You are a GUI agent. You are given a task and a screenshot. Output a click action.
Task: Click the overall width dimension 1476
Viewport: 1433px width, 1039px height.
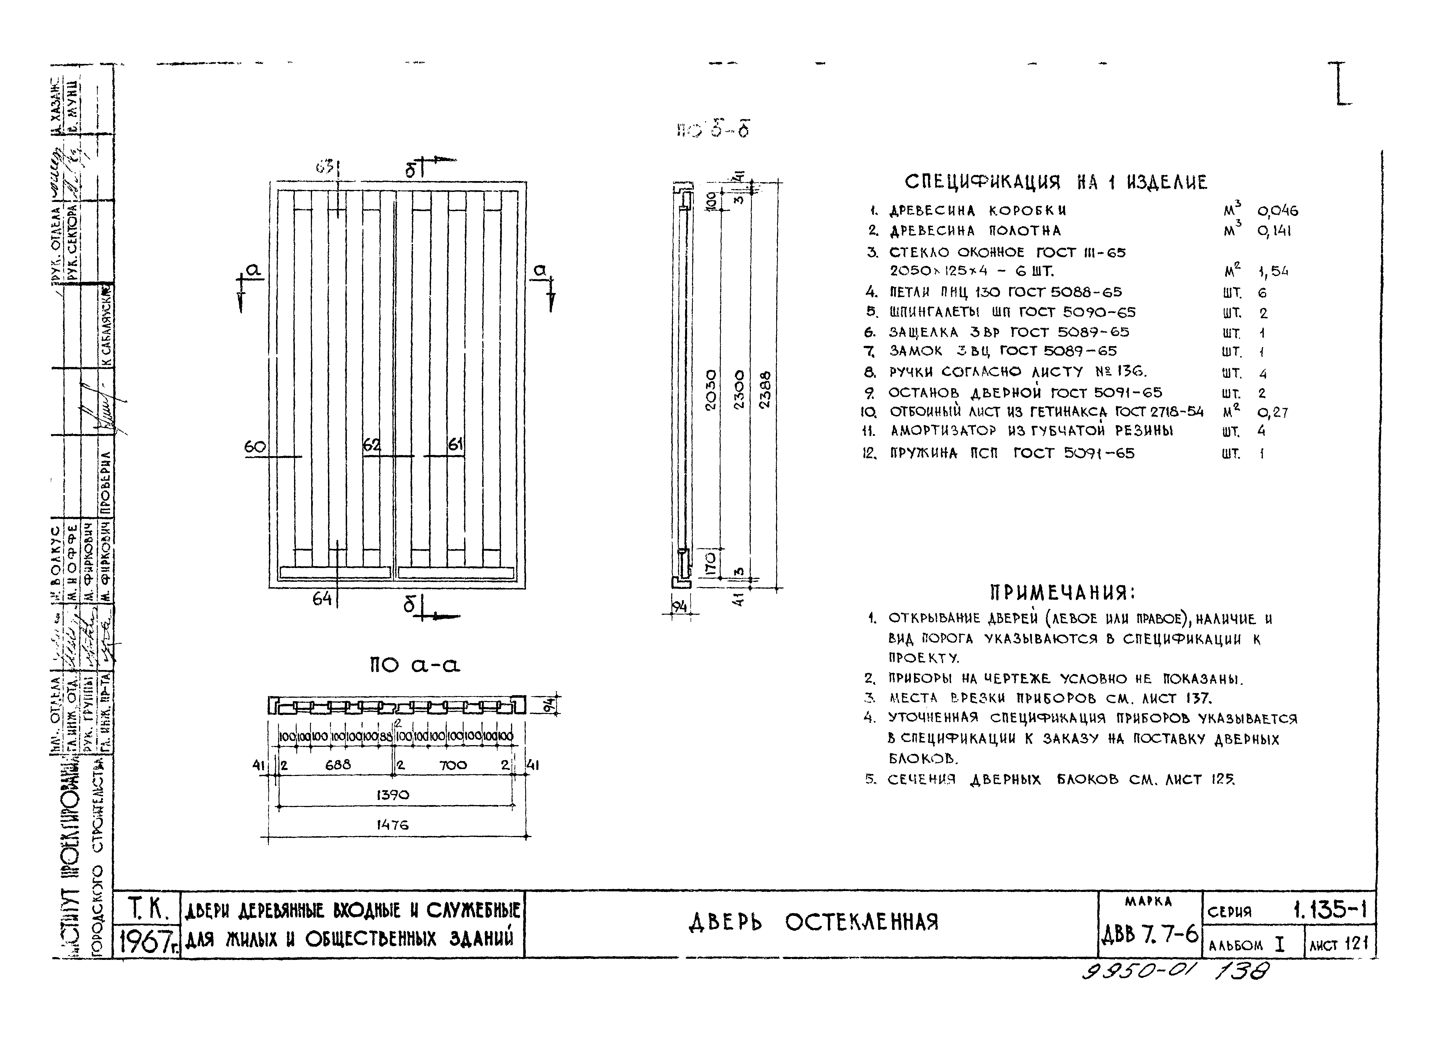pos(393,825)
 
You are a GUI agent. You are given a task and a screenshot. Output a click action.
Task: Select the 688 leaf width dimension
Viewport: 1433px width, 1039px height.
pos(338,765)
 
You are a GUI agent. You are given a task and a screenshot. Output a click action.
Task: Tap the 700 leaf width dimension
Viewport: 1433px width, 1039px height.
pos(453,765)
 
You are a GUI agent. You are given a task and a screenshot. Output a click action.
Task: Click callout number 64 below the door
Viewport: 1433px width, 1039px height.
pos(322,598)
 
